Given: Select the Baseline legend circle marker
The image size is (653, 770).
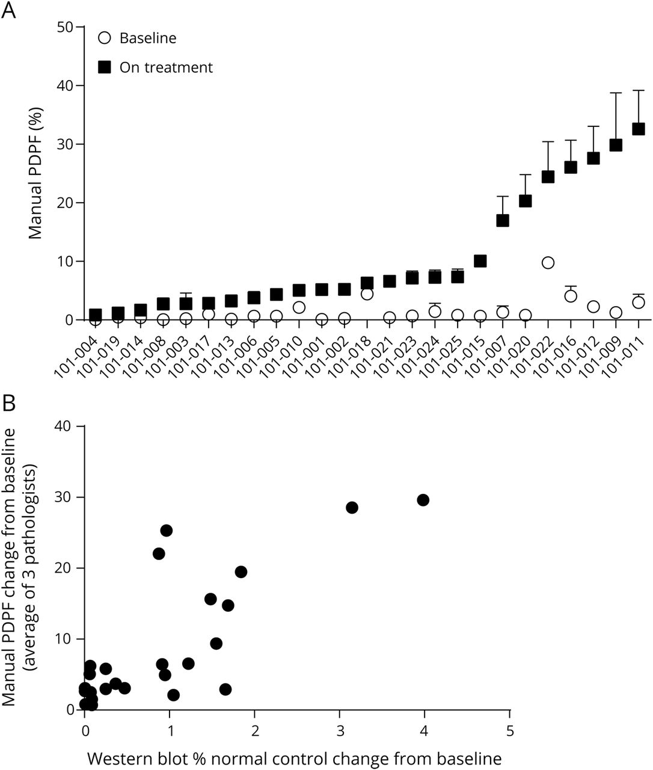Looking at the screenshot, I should (105, 38).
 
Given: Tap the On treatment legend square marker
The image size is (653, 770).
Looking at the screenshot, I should (105, 67).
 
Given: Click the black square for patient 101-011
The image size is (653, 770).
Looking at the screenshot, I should (639, 129).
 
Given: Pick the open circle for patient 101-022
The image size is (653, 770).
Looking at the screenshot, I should (548, 262).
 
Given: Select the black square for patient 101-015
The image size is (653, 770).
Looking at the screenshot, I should (480, 261).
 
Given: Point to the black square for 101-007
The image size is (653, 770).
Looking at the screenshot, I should (503, 220).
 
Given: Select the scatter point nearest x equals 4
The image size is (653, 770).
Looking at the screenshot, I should (423, 500).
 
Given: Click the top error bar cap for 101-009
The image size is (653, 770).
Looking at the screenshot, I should (616, 93).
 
